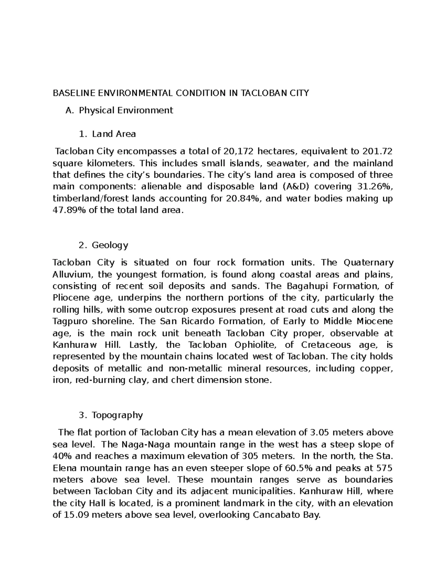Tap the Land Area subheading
click(114, 134)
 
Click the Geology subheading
click(110, 245)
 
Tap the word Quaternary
click(369, 263)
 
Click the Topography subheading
click(117, 415)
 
